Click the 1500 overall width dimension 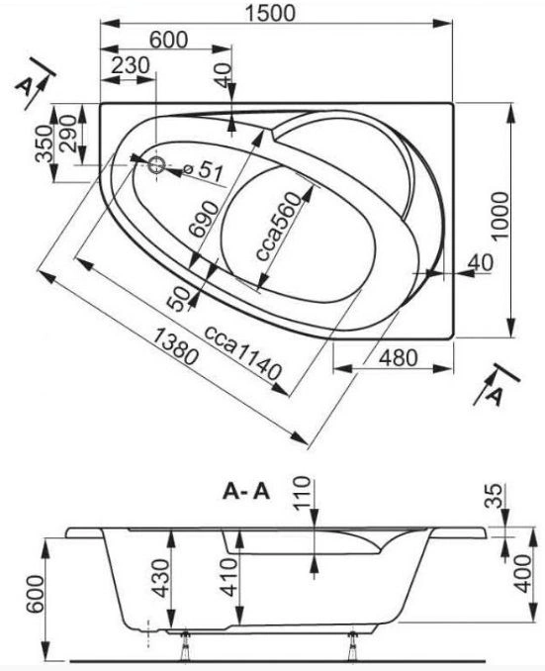click(270, 13)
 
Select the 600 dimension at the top click(168, 40)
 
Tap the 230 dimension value click(130, 65)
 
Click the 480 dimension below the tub click(398, 357)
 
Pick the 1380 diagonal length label click(175, 345)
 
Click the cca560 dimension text click(279, 227)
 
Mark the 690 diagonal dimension click(204, 219)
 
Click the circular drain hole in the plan click(156, 165)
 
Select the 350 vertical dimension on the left click(45, 144)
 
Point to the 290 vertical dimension click(68, 134)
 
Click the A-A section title click(246, 492)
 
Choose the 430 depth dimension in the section click(161, 578)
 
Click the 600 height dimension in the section click(35, 594)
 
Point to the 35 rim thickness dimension click(495, 496)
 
